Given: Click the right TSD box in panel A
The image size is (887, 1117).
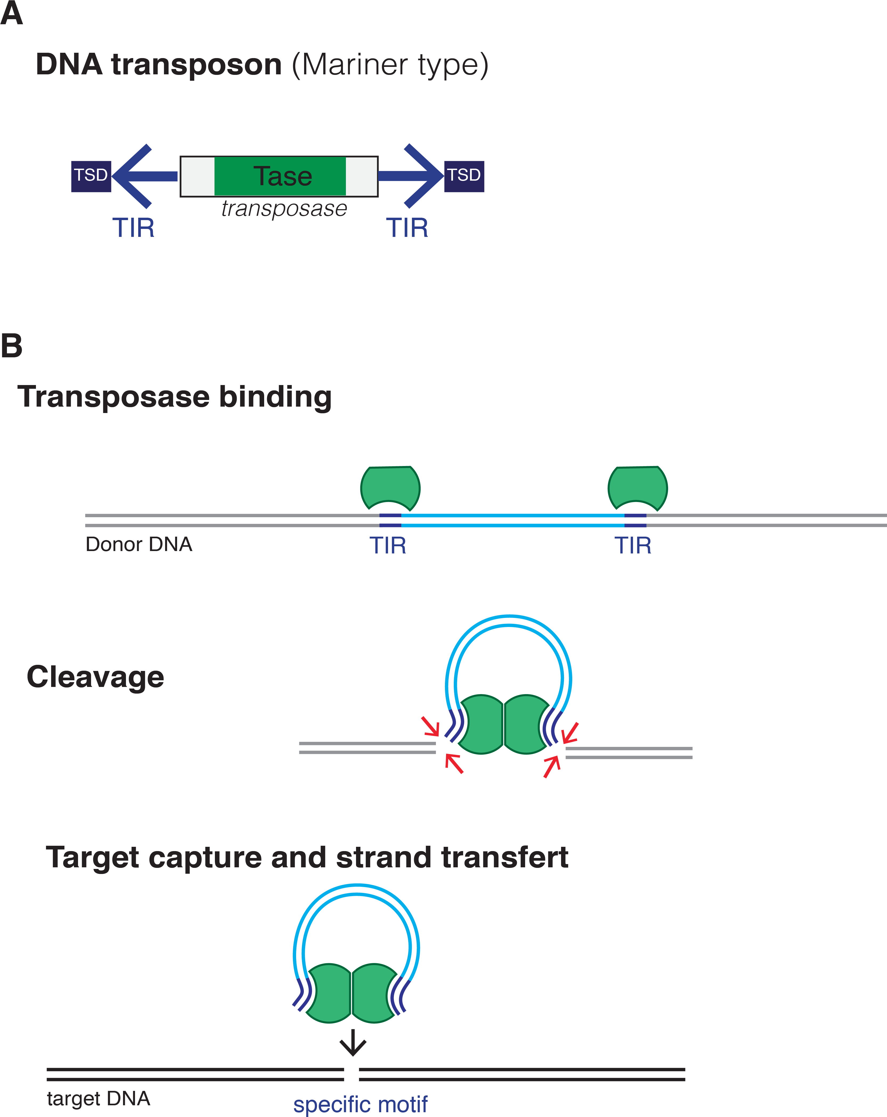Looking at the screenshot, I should coord(464,176).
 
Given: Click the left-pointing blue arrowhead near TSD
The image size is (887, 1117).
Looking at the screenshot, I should coord(129,176).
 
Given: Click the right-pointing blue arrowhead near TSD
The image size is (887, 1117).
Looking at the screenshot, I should coord(425,176).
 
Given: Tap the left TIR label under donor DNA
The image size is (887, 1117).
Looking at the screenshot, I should coord(387,545).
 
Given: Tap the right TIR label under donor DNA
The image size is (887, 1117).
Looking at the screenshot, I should coord(633,545).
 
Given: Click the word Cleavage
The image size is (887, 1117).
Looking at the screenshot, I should coord(95,677).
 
